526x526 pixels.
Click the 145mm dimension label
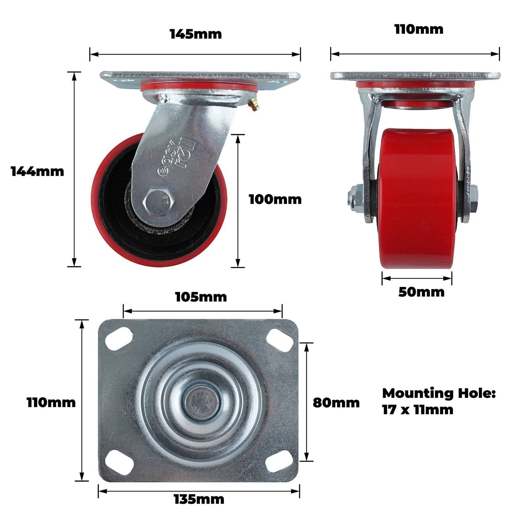[x=196, y=34]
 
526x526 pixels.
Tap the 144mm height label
[x=37, y=171]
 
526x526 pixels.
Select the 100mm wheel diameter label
[x=275, y=199]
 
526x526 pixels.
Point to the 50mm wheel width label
[x=421, y=292]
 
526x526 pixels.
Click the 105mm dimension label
[x=201, y=297]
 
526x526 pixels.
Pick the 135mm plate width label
[x=199, y=499]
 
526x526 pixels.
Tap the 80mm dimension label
[x=336, y=402]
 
